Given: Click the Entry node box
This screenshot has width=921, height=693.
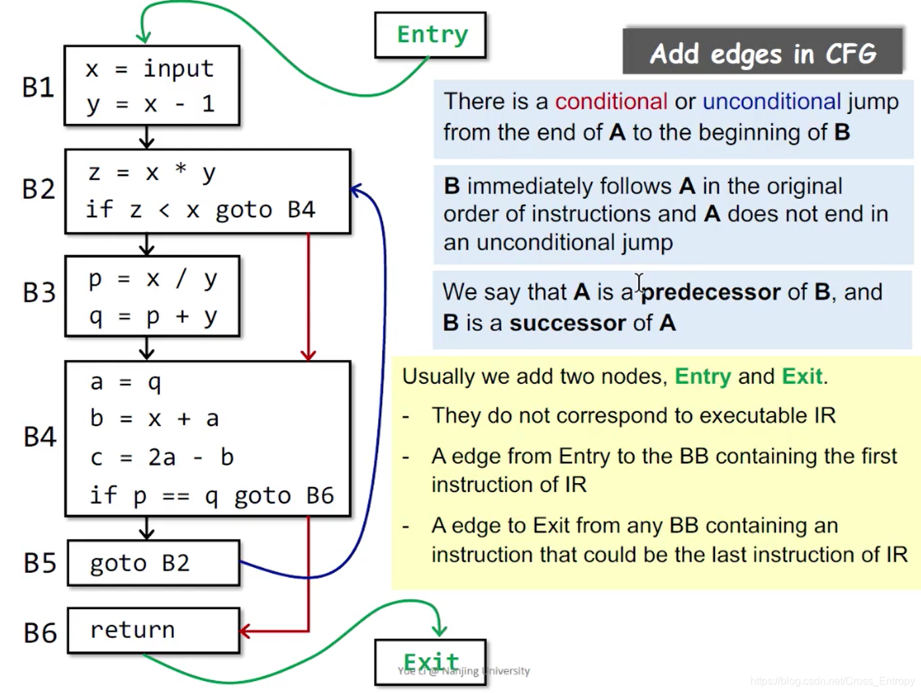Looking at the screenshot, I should click(x=430, y=35).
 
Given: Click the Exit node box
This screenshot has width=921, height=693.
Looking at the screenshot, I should click(x=430, y=661).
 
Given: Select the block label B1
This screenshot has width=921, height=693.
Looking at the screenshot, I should click(x=38, y=87).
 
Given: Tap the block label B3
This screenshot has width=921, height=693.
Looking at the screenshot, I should click(x=39, y=293).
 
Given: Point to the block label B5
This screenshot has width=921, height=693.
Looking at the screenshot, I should click(x=40, y=563).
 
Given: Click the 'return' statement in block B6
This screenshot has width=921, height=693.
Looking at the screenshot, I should click(x=133, y=630).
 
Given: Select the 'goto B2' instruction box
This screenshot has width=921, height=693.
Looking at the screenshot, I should click(x=154, y=563).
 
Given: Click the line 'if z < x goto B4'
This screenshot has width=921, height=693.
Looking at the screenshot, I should click(x=200, y=210).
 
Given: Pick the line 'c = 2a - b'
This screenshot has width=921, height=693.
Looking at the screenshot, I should click(x=161, y=457).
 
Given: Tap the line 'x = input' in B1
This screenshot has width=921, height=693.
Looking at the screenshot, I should click(x=150, y=69).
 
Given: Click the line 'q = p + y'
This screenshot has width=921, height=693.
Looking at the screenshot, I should click(x=153, y=317).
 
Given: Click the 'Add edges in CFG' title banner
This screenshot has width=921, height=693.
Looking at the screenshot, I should click(x=762, y=53).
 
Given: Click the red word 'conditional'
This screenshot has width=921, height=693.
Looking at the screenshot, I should click(x=610, y=102).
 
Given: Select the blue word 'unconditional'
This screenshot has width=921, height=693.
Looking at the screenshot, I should click(x=771, y=102).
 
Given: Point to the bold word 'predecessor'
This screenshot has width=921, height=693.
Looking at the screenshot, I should click(x=711, y=292).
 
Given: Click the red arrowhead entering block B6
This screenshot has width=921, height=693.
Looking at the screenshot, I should click(x=246, y=632).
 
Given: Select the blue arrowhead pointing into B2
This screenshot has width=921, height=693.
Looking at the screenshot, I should click(x=356, y=191).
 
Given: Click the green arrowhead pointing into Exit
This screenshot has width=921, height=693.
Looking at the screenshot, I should click(x=439, y=630).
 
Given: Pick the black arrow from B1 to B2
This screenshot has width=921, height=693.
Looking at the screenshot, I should click(x=147, y=137).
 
